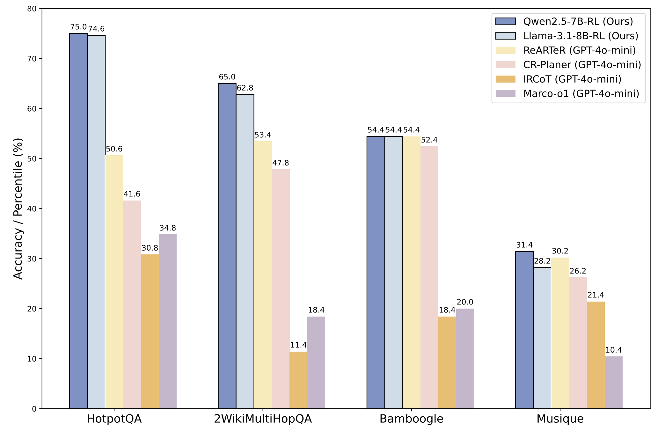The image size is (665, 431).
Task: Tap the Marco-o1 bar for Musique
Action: pos(614,383)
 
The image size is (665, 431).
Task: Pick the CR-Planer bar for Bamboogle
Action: pos(429,277)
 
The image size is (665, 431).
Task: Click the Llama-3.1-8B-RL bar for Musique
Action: pos(542,338)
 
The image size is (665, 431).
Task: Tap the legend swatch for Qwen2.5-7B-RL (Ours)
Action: pos(506,21)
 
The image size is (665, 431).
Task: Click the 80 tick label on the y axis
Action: pos(32,9)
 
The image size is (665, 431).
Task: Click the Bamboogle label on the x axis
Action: pos(411,419)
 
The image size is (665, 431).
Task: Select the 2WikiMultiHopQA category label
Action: pos(263,419)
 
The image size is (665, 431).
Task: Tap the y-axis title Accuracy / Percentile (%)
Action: pos(18,208)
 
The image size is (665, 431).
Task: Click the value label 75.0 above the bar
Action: pos(78,27)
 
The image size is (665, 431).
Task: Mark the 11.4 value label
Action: pos(298,345)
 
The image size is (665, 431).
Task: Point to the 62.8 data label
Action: pos(245,88)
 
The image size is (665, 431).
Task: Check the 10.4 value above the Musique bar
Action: pos(614,350)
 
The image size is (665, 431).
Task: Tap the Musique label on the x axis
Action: pos(560,419)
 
